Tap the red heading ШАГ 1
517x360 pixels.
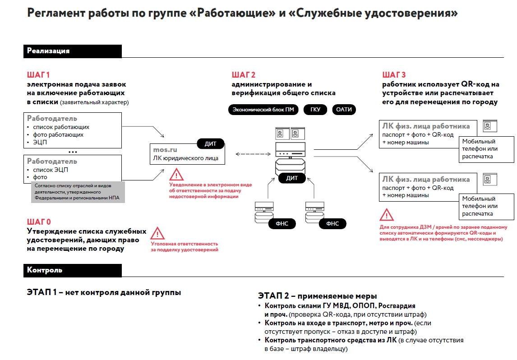point(38,75)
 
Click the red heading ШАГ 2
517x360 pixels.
point(244,75)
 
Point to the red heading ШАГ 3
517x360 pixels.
point(394,75)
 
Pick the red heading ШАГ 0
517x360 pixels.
point(39,222)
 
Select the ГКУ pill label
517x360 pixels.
point(315,110)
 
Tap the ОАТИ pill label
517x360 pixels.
point(344,110)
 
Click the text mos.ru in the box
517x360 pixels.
point(164,149)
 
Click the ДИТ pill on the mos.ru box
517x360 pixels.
point(211,144)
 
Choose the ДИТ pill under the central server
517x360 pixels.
point(292,178)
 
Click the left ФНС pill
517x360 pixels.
point(275,223)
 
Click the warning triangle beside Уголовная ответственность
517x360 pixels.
point(157,234)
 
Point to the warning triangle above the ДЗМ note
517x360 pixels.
point(386,215)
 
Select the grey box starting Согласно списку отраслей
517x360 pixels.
point(78,192)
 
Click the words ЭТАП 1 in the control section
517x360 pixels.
point(42,292)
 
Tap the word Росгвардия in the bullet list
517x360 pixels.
point(397,306)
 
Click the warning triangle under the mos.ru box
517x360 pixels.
point(176,175)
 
